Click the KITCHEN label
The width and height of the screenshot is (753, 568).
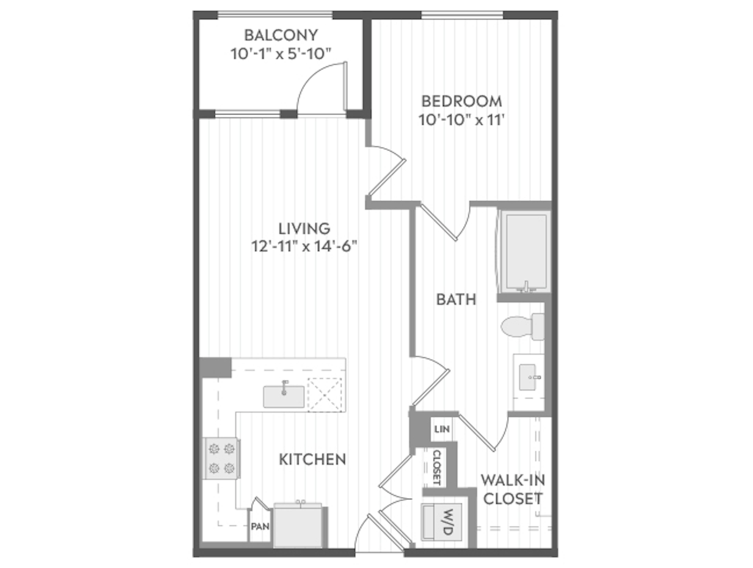[313, 460]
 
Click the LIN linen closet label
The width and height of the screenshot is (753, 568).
[442, 429]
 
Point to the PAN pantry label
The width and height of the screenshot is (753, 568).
[260, 526]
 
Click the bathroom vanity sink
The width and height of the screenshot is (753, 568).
[528, 377]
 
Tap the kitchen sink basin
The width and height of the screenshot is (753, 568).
[284, 397]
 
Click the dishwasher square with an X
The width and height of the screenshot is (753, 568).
[324, 395]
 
